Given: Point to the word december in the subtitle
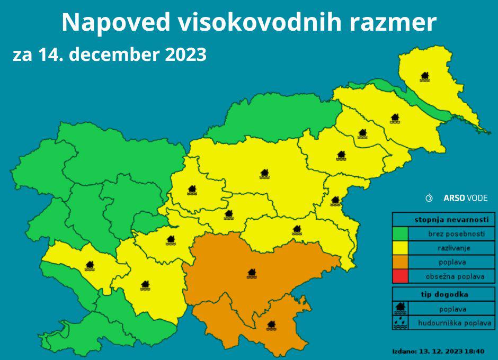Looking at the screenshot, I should (x=113, y=55).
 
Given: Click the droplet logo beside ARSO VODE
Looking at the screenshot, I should (x=429, y=198).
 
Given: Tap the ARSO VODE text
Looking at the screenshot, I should (x=465, y=198).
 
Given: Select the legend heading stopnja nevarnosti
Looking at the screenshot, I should (x=444, y=219).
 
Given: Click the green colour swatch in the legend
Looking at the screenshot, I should (x=400, y=233).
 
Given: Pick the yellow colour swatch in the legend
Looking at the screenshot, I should (x=400, y=248).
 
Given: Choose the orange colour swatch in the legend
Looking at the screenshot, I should (x=400, y=262).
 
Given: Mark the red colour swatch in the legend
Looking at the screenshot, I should (x=400, y=276).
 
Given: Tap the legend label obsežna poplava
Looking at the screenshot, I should (x=455, y=276).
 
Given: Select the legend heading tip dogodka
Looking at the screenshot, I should (x=444, y=294).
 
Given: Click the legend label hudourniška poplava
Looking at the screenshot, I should (x=455, y=322).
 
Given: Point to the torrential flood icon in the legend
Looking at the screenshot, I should (x=400, y=322).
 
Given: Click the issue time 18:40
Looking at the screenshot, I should (x=477, y=351).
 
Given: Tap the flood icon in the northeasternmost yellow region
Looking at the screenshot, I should (x=424, y=77).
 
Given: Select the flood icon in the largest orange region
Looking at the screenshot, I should (x=252, y=273).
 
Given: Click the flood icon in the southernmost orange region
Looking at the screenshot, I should (x=271, y=325).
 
